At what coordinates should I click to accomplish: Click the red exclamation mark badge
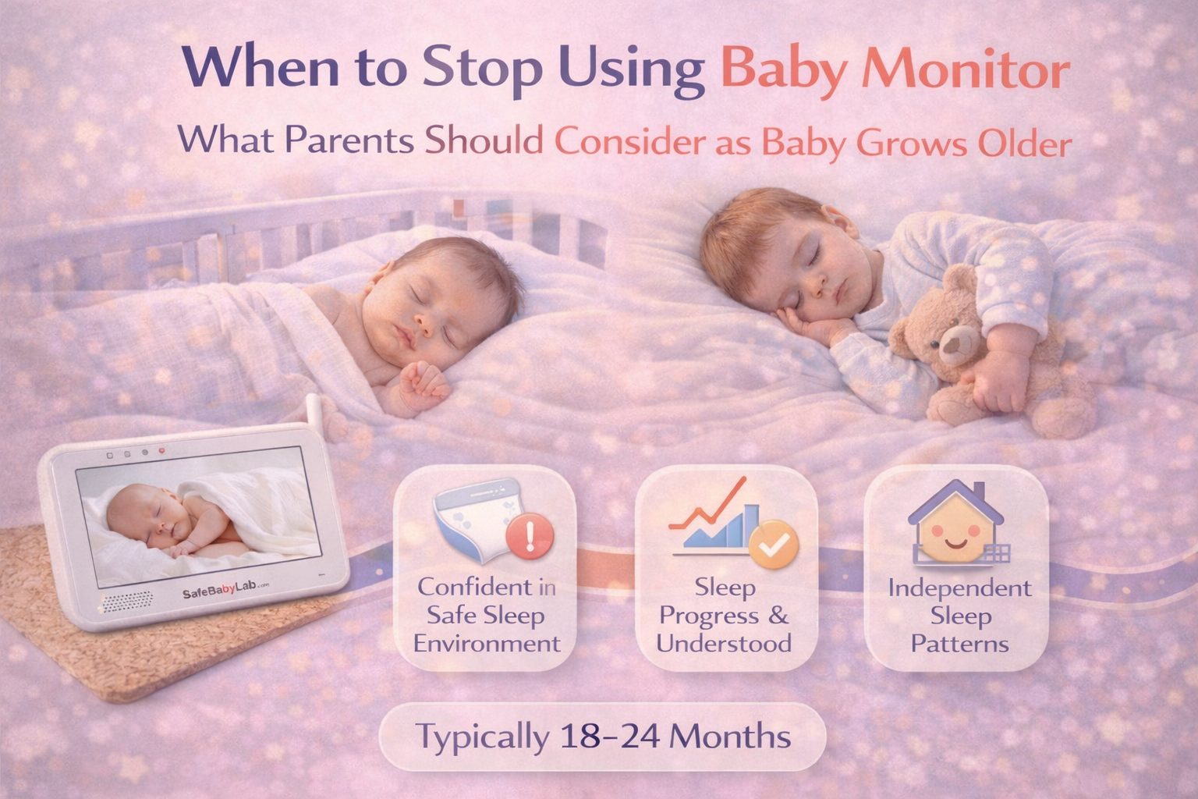click(530, 536)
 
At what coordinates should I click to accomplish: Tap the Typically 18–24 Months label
click(602, 737)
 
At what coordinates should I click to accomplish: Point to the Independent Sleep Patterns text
click(959, 616)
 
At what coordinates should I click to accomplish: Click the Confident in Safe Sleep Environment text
click(487, 616)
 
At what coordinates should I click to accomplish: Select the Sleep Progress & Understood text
click(724, 616)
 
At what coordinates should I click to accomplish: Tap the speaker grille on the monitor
click(125, 602)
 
